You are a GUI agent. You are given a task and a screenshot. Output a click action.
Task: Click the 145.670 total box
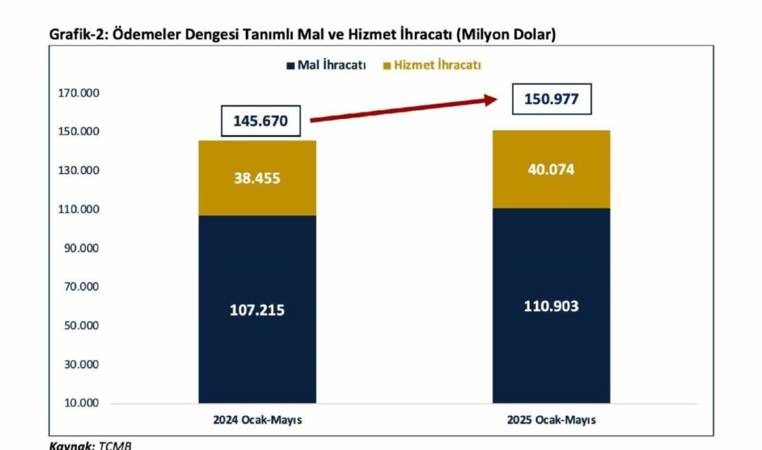tap(261, 121)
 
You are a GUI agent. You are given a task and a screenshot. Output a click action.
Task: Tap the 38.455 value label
tap(257, 178)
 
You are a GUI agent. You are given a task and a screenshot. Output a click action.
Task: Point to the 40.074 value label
tap(551, 169)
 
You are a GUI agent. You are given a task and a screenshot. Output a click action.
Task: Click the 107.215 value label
tap(257, 310)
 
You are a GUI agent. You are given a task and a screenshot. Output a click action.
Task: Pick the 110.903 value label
tap(551, 306)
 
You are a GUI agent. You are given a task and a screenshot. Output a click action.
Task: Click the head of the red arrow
tap(493, 100)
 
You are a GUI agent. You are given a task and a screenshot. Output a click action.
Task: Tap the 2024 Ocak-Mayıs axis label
tap(257, 420)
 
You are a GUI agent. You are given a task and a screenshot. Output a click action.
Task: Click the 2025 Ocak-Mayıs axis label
tap(551, 420)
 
